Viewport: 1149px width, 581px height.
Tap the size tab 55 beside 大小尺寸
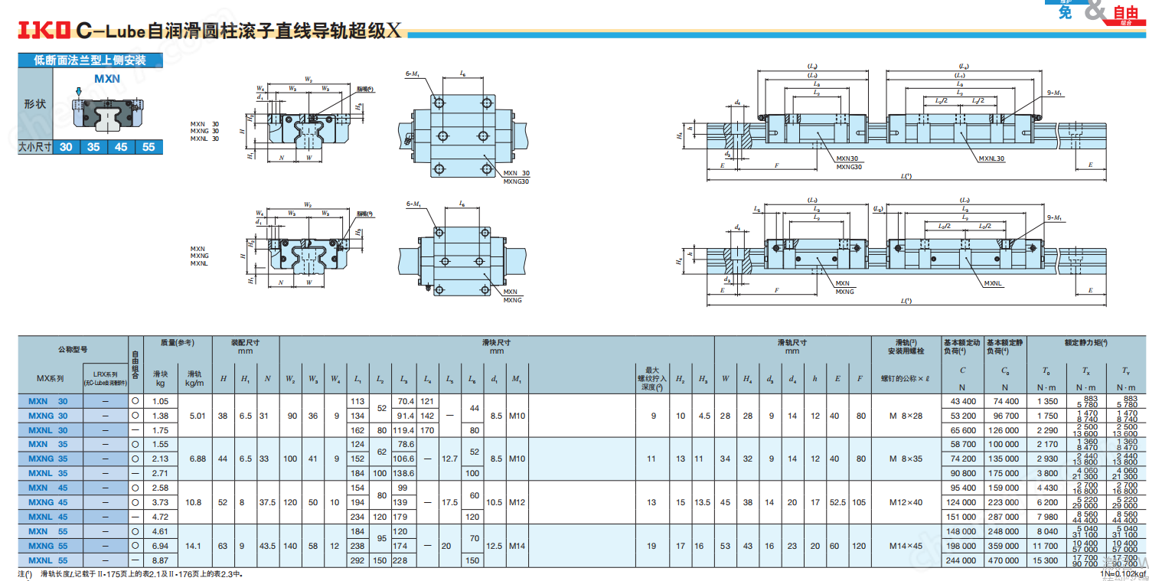click(x=149, y=146)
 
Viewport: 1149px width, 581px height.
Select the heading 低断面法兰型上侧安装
click(x=90, y=60)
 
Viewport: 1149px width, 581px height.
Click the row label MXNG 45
click(x=47, y=502)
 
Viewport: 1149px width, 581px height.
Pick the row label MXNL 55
click(x=47, y=560)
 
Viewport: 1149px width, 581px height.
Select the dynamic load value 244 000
click(x=963, y=560)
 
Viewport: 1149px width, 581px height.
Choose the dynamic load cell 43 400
click(x=963, y=401)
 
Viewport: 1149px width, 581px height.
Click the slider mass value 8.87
click(x=160, y=560)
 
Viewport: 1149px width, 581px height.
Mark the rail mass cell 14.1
click(x=194, y=546)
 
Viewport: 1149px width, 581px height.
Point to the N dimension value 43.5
click(x=267, y=546)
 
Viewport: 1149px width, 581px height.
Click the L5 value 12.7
click(x=449, y=459)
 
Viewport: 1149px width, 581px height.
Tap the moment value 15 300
click(x=1046, y=560)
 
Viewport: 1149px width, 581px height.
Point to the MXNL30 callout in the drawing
click(x=991, y=158)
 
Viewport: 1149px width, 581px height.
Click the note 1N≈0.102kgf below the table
click(x=1123, y=573)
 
